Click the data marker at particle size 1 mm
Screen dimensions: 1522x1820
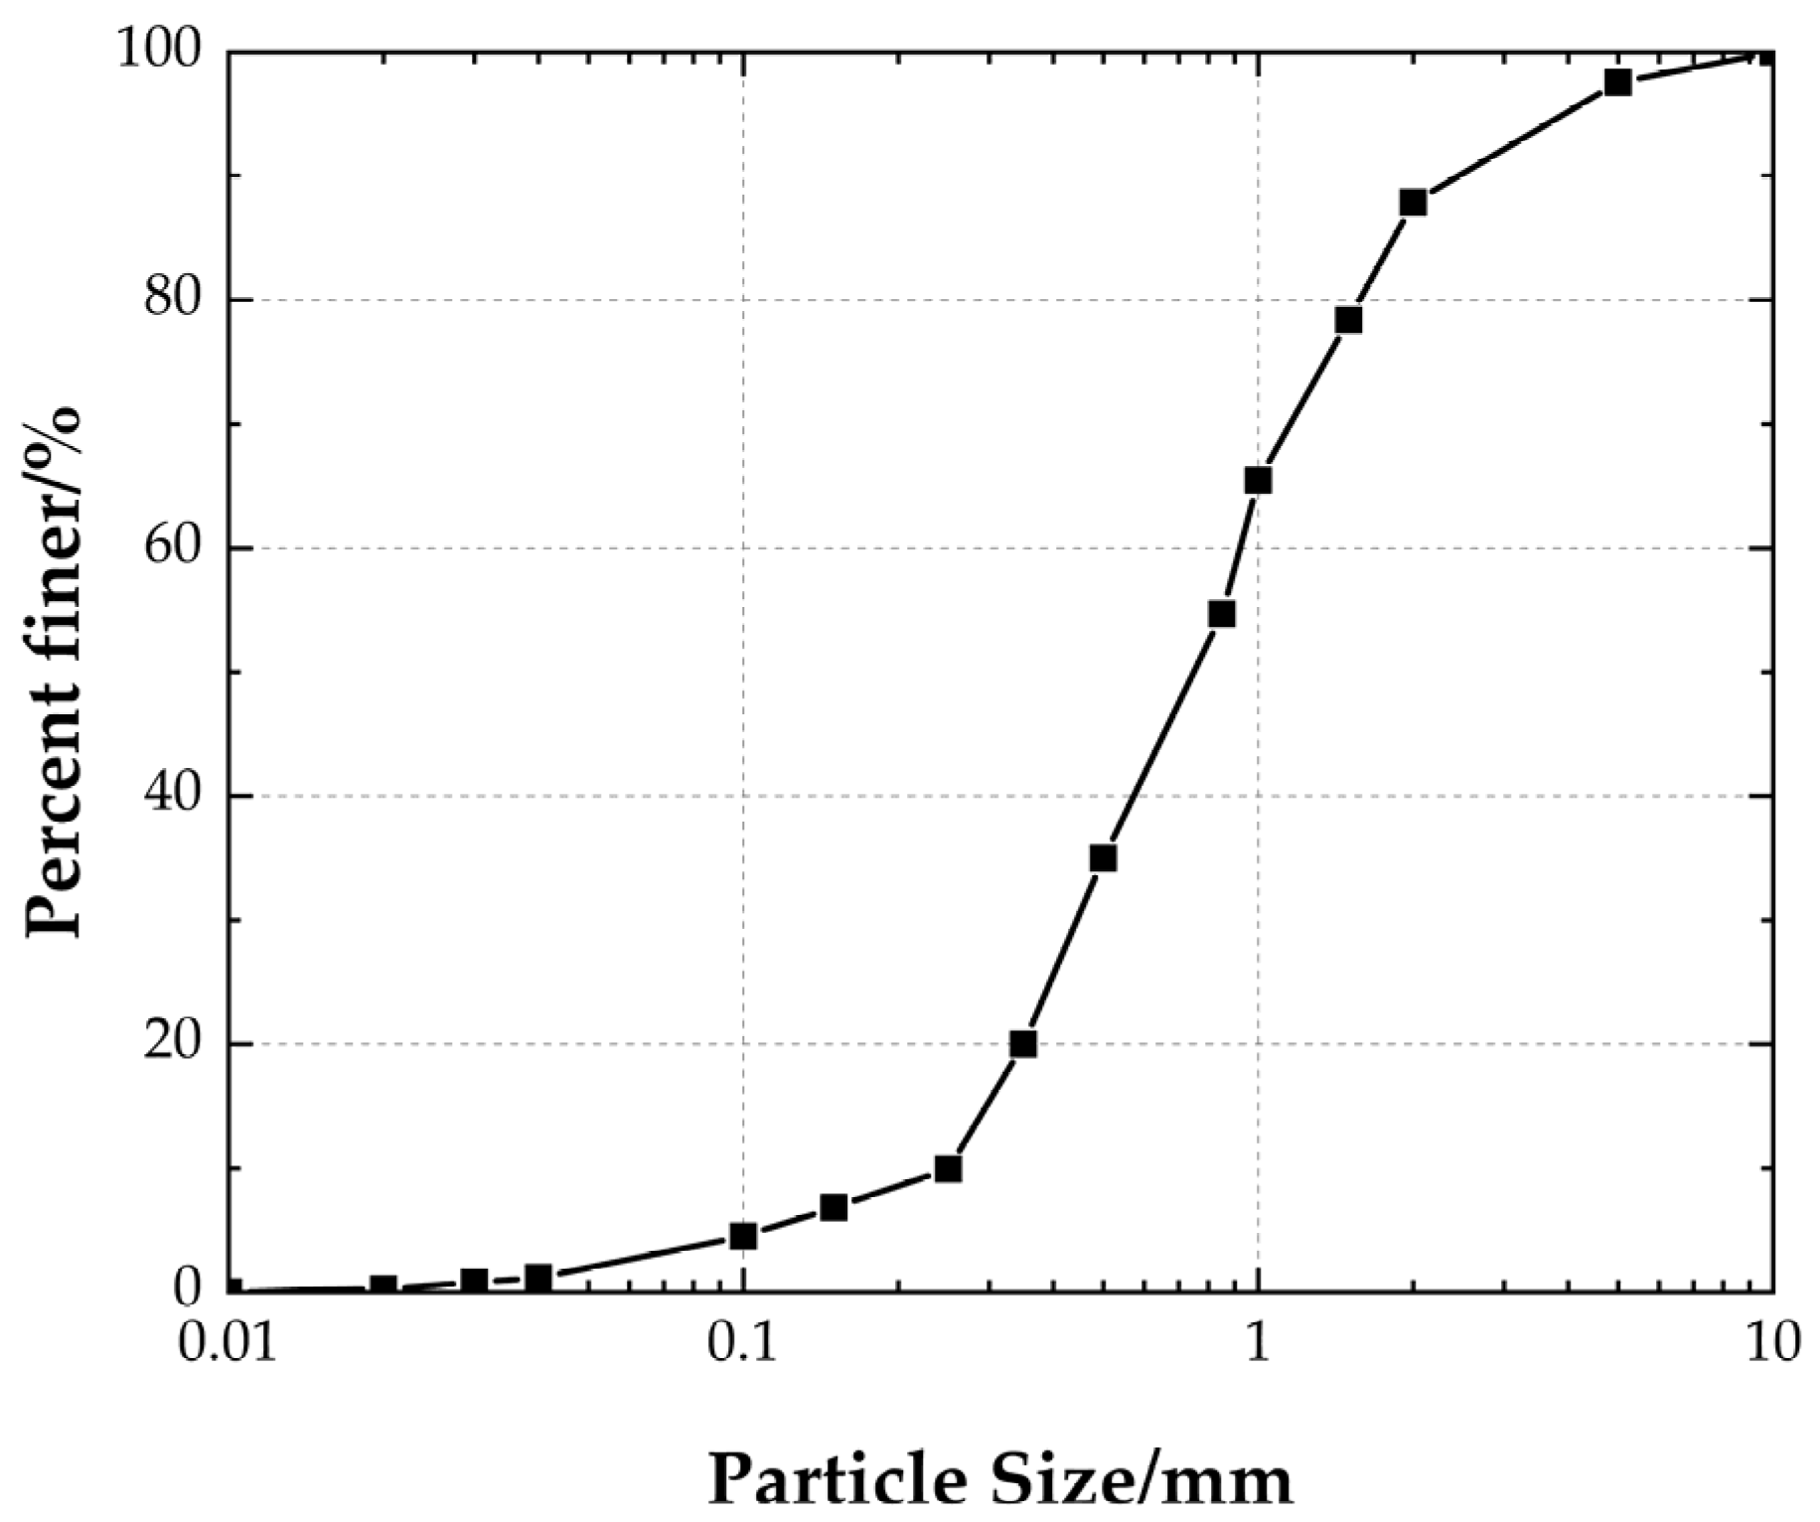click(1258, 481)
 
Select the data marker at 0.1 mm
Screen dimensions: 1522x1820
click(743, 1236)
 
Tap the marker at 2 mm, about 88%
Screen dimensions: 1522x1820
click(1413, 203)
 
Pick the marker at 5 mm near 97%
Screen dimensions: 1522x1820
click(1617, 82)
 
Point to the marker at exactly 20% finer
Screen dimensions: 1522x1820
click(1023, 1044)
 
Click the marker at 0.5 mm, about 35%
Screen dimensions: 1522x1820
click(1103, 858)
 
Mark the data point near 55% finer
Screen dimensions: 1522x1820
click(1221, 614)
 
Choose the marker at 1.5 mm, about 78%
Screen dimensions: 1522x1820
click(1348, 320)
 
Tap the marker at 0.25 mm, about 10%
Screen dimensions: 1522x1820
click(948, 1169)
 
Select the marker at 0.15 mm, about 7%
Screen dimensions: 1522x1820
click(834, 1208)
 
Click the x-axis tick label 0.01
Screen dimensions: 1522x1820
click(229, 1343)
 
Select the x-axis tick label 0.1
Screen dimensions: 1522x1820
click(743, 1343)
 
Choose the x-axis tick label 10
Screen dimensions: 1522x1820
click(1772, 1343)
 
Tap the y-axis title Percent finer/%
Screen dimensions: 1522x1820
click(54, 672)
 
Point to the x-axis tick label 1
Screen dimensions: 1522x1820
click(1258, 1343)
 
